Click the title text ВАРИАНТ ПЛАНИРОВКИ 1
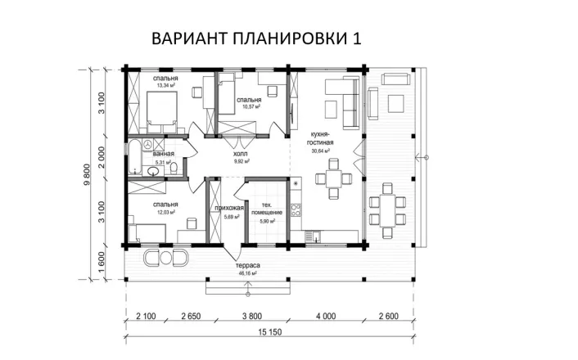[256, 38]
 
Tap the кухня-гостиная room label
[320, 137]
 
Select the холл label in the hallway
[240, 154]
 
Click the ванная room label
[164, 154]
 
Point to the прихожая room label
[229, 209]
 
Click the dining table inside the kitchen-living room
[332, 179]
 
